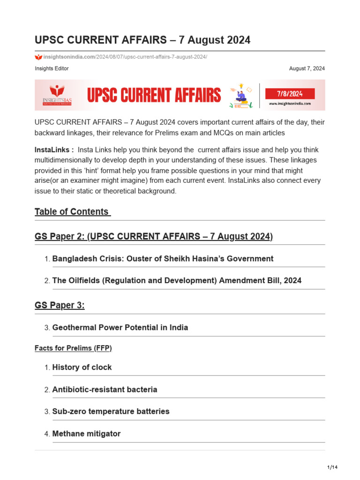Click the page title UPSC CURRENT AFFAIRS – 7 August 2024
tap(142, 40)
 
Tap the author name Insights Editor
tap(52, 68)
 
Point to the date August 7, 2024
tap(307, 68)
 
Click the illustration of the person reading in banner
tap(240, 96)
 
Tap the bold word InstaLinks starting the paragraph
tap(54, 150)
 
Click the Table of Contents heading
tap(73, 211)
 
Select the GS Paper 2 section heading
tap(154, 236)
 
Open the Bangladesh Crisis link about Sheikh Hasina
tap(163, 259)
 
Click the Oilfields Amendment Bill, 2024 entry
tap(177, 281)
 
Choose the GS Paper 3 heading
tap(60, 305)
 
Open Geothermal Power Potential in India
tap(120, 328)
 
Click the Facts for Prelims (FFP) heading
tap(73, 348)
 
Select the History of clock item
tap(82, 367)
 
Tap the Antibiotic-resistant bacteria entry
tap(105, 390)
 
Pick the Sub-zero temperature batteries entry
tap(111, 412)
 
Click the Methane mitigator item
tap(86, 434)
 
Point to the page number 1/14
tap(332, 468)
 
